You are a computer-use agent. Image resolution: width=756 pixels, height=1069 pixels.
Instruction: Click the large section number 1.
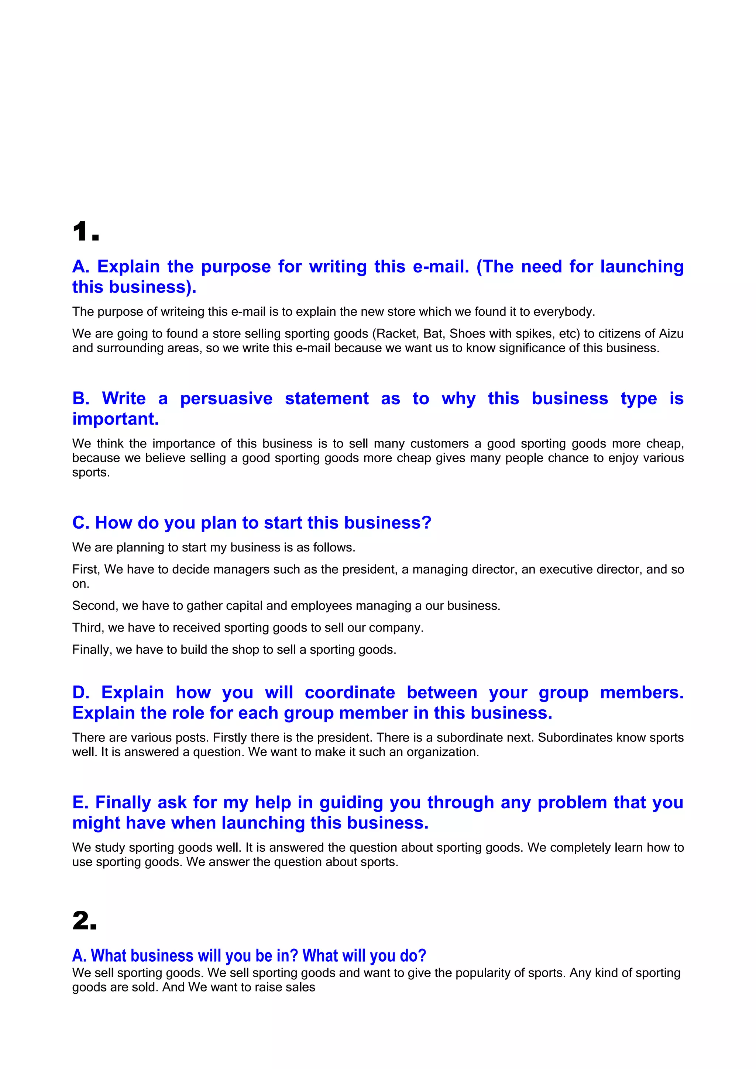[x=86, y=232]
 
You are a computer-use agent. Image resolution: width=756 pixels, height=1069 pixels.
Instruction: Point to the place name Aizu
[x=671, y=334]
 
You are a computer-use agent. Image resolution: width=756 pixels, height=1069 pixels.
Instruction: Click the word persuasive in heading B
[x=226, y=399]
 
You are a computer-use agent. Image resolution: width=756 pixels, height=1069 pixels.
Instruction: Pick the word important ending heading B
[x=116, y=419]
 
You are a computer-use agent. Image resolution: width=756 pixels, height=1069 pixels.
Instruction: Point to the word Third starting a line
[x=88, y=627]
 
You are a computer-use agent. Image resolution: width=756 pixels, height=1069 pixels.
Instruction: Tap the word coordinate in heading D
[x=350, y=693]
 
